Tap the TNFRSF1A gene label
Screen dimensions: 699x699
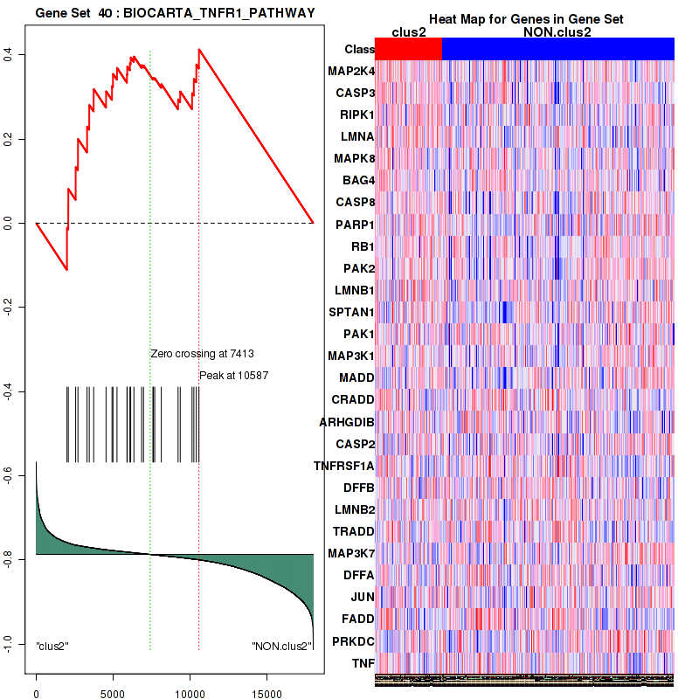pos(343,466)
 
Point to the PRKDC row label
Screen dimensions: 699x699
pos(353,641)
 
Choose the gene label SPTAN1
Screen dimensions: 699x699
pos(351,312)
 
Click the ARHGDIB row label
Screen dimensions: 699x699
pos(347,422)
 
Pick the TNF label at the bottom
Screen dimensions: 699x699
pos(363,663)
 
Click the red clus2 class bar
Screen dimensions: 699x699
pos(408,49)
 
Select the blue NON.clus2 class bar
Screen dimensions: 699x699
pos(557,49)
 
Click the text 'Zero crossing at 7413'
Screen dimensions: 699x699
pos(202,354)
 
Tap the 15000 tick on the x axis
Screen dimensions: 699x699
pos(266,688)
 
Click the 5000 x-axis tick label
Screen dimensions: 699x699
pos(113,688)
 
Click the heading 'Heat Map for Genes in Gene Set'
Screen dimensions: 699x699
pos(525,19)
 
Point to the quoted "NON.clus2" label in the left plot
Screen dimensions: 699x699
pos(281,647)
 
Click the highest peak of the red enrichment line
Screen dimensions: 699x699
pos(199,49)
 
